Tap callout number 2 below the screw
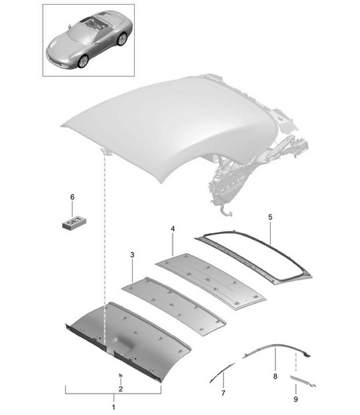pyautogui.click(x=120, y=389)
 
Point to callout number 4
pyautogui.click(x=172, y=229)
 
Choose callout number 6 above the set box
pyautogui.click(x=73, y=197)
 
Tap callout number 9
pyautogui.click(x=295, y=398)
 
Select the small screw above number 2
pyautogui.click(x=120, y=376)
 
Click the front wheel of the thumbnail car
pyautogui.click(x=83, y=61)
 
